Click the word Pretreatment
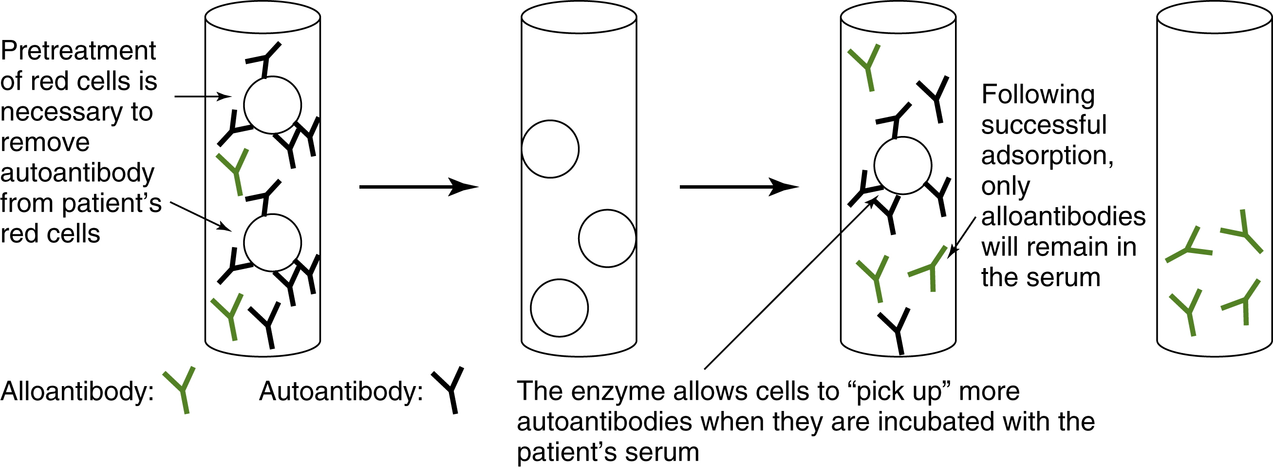[x=78, y=51]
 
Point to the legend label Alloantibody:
[x=77, y=391]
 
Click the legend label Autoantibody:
[x=341, y=391]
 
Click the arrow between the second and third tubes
[x=739, y=187]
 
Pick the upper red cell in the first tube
[x=272, y=105]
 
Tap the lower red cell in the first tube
[x=272, y=243]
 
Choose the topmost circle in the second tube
[x=550, y=149]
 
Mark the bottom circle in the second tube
[x=559, y=308]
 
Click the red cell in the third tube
[x=902, y=165]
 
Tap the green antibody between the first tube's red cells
[x=234, y=171]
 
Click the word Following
[x=1038, y=95]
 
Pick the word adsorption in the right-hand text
[x=1047, y=156]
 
